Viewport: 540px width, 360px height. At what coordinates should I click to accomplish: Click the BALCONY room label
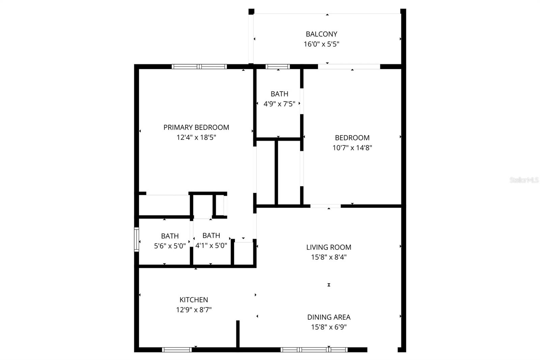[321, 34]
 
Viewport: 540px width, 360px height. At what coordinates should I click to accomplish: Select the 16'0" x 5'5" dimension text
[321, 44]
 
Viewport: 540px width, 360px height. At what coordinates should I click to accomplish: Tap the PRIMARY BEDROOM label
[196, 127]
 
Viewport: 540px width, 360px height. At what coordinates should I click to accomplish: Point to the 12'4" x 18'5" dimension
[196, 137]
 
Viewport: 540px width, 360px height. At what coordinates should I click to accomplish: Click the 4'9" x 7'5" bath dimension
[279, 104]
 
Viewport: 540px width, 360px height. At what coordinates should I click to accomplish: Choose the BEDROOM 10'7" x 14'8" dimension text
[352, 148]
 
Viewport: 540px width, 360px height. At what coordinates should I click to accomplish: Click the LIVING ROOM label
[328, 247]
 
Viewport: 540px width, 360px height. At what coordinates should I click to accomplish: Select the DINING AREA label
[328, 317]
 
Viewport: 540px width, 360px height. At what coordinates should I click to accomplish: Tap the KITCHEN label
[193, 300]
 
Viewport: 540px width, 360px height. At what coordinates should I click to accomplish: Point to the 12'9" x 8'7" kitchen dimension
[193, 310]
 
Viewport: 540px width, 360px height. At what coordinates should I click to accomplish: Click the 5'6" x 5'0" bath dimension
[170, 246]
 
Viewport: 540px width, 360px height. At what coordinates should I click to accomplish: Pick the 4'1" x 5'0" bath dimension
[211, 246]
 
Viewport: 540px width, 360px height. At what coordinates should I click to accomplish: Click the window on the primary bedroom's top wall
[199, 67]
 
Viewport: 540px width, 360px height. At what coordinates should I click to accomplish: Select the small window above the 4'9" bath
[277, 67]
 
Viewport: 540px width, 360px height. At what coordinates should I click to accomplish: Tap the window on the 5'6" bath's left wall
[136, 239]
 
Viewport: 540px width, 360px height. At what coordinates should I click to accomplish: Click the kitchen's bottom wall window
[177, 350]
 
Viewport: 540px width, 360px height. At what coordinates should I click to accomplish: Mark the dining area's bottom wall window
[314, 350]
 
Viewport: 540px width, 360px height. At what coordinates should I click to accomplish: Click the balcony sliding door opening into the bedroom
[349, 67]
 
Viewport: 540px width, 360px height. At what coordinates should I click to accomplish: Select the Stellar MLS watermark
[524, 180]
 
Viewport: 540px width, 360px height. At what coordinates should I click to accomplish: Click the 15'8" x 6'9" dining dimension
[328, 327]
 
